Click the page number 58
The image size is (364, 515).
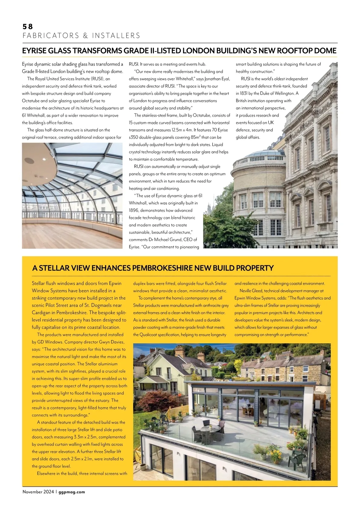coord(28,27)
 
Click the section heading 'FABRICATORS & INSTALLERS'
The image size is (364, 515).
coord(81,36)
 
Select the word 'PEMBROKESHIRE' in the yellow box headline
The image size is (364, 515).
coord(162,268)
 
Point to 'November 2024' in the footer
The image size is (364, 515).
coord(38,492)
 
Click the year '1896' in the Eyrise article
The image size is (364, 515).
coord(134,210)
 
